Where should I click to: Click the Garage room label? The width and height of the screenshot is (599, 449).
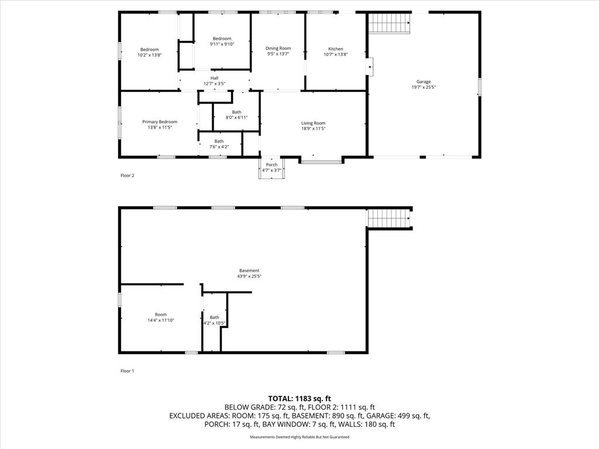pyautogui.click(x=424, y=82)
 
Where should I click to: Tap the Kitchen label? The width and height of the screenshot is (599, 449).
pyautogui.click(x=335, y=49)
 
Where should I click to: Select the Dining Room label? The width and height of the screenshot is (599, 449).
pyautogui.click(x=278, y=49)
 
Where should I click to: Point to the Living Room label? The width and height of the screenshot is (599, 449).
pyautogui.click(x=314, y=123)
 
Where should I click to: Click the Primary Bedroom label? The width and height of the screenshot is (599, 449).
pyautogui.click(x=160, y=122)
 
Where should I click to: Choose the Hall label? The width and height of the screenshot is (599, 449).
pyautogui.click(x=214, y=78)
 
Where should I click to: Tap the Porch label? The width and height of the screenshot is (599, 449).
pyautogui.click(x=271, y=165)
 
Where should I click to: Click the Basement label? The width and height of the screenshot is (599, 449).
pyautogui.click(x=249, y=271)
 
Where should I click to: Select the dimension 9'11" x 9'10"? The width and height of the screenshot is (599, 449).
pyautogui.click(x=222, y=44)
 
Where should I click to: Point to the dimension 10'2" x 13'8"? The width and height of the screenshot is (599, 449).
pyautogui.click(x=150, y=55)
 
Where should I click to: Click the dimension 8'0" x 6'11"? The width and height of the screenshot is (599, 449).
pyautogui.click(x=236, y=118)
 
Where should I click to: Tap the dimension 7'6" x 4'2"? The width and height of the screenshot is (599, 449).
pyautogui.click(x=219, y=147)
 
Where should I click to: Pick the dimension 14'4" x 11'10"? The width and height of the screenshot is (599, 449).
pyautogui.click(x=161, y=320)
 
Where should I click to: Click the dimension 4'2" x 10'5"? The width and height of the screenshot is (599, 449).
pyautogui.click(x=214, y=323)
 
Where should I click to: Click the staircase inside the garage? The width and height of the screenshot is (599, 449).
pyautogui.click(x=389, y=23)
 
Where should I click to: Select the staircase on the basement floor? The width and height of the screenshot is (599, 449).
pyautogui.click(x=388, y=219)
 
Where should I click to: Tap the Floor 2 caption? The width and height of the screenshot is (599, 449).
pyautogui.click(x=127, y=175)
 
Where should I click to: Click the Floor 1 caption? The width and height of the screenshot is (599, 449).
pyautogui.click(x=127, y=371)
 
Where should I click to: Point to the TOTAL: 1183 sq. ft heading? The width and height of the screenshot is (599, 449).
pyautogui.click(x=299, y=399)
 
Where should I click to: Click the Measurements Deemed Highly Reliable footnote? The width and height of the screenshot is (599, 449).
pyautogui.click(x=299, y=437)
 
